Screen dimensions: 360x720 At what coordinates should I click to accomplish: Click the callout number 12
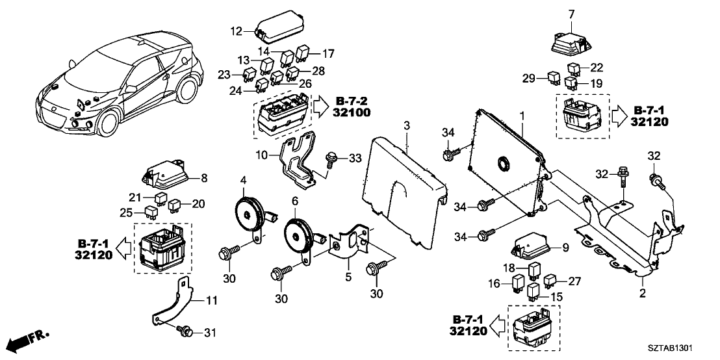235,30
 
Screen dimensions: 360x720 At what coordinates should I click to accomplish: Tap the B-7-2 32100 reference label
361,107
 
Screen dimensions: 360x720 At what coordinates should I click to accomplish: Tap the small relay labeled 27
550,281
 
